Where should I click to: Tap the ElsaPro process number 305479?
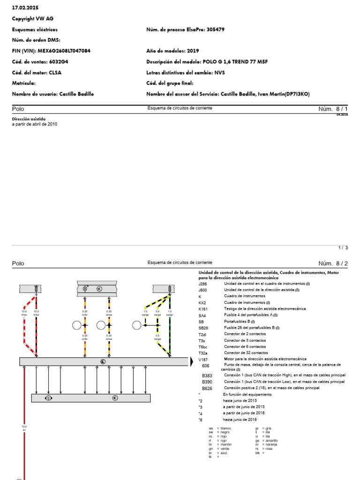click(216, 30)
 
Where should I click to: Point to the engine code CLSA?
click(55, 73)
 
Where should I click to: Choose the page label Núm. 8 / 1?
click(333, 109)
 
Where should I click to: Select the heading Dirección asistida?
click(29, 119)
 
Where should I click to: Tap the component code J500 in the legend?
click(202, 290)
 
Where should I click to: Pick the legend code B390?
click(207, 382)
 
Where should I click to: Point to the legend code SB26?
click(203, 328)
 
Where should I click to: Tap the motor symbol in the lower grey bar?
click(48, 398)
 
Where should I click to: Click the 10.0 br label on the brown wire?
click(24, 428)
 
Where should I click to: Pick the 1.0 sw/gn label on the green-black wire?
click(170, 312)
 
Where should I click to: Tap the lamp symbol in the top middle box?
click(85, 289)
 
